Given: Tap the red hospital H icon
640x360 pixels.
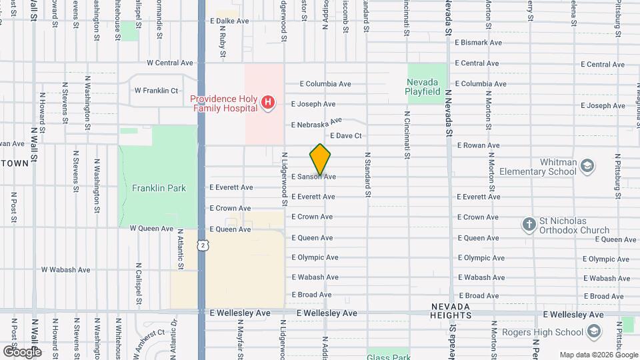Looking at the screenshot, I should pyautogui.click(x=267, y=102).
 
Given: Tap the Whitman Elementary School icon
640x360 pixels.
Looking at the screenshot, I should pyautogui.click(x=587, y=165).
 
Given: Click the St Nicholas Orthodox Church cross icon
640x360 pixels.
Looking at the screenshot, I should pyautogui.click(x=529, y=225).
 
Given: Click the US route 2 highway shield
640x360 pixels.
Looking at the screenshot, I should pyautogui.click(x=201, y=245).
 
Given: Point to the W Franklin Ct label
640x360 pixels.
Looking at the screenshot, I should pyautogui.click(x=156, y=90).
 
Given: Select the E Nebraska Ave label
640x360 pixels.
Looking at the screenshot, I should pyautogui.click(x=316, y=123).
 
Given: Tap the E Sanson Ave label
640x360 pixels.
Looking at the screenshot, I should pyautogui.click(x=313, y=177).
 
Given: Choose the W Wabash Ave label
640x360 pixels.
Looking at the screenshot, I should pyautogui.click(x=65, y=270).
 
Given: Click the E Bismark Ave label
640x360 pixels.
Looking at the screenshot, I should pyautogui.click(x=478, y=42).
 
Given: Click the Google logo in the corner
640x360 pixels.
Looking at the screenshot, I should pyautogui.click(x=21, y=351).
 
